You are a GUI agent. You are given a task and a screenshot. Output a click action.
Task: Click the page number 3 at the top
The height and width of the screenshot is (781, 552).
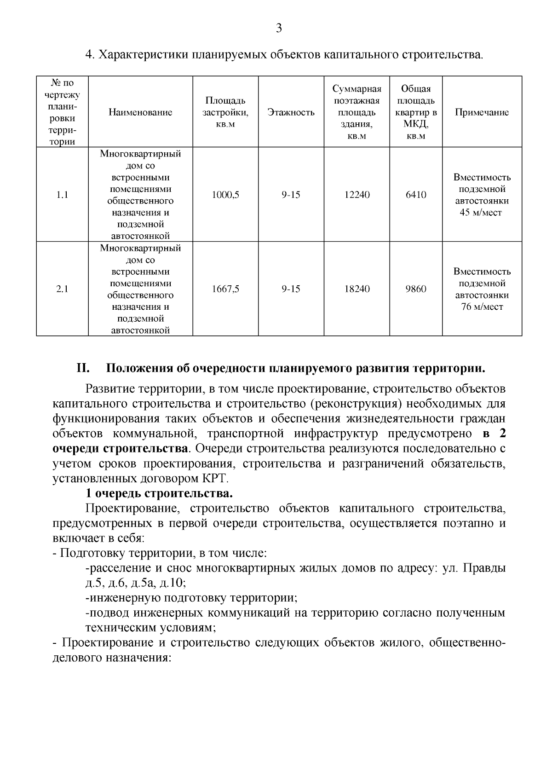pyautogui.click(x=278, y=29)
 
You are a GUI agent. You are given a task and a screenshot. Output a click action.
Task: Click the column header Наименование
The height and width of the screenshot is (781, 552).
pyautogui.click(x=140, y=112)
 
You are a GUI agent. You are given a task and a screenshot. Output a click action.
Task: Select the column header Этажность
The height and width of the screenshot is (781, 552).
pyautogui.click(x=291, y=112)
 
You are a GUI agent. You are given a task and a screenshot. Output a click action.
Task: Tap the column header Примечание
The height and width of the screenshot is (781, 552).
pyautogui.click(x=482, y=112)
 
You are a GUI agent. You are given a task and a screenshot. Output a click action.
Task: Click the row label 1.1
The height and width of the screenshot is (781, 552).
pyautogui.click(x=62, y=195)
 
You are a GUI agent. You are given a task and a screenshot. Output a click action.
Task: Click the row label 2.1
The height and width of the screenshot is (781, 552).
pyautogui.click(x=62, y=289)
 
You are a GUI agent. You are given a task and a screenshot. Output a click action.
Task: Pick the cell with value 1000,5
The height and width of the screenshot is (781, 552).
pyautogui.click(x=225, y=195)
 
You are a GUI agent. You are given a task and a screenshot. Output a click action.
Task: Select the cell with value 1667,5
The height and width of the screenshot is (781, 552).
pyautogui.click(x=225, y=289)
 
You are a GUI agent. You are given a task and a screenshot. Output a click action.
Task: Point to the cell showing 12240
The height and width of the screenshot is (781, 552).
pyautogui.click(x=357, y=195)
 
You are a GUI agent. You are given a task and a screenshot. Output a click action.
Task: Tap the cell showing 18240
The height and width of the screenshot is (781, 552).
pyautogui.click(x=357, y=289)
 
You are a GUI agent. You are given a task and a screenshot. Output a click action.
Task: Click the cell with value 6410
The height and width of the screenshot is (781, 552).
pyautogui.click(x=416, y=195)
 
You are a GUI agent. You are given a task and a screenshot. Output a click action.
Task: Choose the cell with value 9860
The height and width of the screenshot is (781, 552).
pyautogui.click(x=416, y=289)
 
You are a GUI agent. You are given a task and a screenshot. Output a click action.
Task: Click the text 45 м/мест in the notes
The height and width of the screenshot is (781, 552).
pyautogui.click(x=482, y=213)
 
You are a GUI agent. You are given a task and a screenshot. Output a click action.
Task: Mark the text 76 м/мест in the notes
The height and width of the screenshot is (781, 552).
pyautogui.click(x=482, y=307)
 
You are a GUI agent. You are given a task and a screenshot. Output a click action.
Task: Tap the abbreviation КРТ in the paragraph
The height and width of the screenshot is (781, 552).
pyautogui.click(x=215, y=478)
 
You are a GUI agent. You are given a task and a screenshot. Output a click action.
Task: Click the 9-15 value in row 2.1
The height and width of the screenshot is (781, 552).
pyautogui.click(x=291, y=289)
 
